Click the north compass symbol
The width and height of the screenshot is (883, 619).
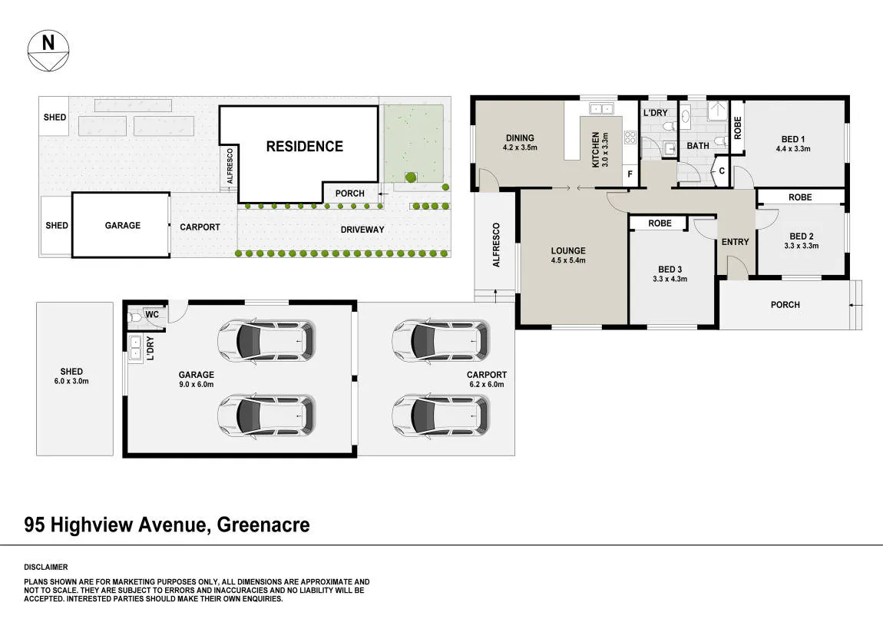(x=48, y=50)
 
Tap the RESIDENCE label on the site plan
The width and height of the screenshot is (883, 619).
(x=305, y=147)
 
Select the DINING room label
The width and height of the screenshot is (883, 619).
(x=520, y=142)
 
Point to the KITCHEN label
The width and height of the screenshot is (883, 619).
(x=600, y=150)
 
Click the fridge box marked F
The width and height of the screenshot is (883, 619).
(x=630, y=174)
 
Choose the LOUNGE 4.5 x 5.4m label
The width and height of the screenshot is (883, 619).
(x=568, y=255)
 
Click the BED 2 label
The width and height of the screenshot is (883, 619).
(x=802, y=240)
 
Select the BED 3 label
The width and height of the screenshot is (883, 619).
(x=670, y=273)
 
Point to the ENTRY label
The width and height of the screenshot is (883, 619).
(x=736, y=242)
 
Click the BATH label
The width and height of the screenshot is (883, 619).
(x=698, y=146)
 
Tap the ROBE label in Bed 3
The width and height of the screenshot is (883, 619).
(x=660, y=223)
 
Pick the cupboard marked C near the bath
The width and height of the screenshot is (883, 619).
(x=722, y=170)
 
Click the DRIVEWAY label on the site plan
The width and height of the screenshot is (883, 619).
(x=362, y=230)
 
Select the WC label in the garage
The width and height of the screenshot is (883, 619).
(x=152, y=314)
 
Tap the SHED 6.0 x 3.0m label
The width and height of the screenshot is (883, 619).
(x=71, y=376)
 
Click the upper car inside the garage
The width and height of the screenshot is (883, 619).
(x=266, y=340)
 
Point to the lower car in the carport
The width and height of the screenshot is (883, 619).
(x=441, y=415)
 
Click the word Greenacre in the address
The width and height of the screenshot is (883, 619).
(x=263, y=525)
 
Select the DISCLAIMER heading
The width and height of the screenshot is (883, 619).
(x=45, y=568)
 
